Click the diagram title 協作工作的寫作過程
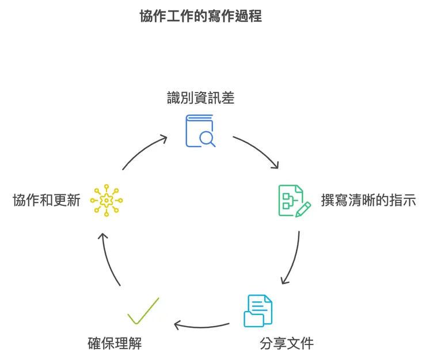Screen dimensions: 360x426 coord(200,16)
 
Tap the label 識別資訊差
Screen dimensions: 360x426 coord(200,98)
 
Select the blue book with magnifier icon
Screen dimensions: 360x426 coord(200,131)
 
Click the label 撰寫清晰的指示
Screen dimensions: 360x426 coord(368,201)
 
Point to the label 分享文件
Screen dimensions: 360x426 coord(287,344)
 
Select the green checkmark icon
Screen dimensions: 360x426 coord(143,311)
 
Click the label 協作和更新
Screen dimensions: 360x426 coord(46,201)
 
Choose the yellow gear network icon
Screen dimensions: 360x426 coord(107,200)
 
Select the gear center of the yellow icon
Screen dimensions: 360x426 coord(107,200)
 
